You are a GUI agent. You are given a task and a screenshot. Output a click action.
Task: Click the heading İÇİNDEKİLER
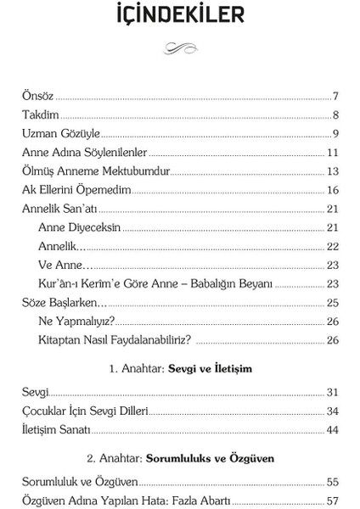point(180,17)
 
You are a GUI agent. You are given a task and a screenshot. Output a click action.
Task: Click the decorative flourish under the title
point(180,51)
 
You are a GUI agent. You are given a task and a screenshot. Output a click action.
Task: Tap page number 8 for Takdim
point(336,115)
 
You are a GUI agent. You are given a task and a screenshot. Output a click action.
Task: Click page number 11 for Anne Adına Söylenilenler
point(333,153)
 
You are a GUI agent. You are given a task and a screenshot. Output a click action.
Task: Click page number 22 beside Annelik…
point(333,246)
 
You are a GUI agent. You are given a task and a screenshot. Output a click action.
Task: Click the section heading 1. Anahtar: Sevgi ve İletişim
point(180,370)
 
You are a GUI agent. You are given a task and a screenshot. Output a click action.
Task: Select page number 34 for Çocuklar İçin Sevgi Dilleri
point(333,411)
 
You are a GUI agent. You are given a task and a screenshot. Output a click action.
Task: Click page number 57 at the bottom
point(333,501)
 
